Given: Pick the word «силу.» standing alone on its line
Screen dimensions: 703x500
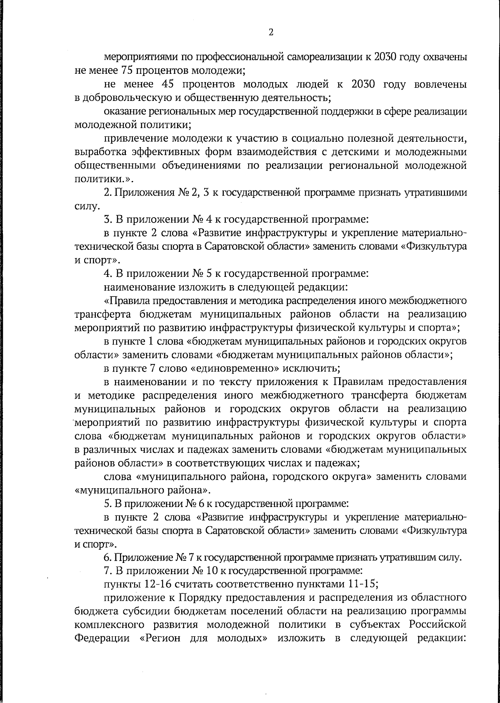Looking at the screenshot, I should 86,206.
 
